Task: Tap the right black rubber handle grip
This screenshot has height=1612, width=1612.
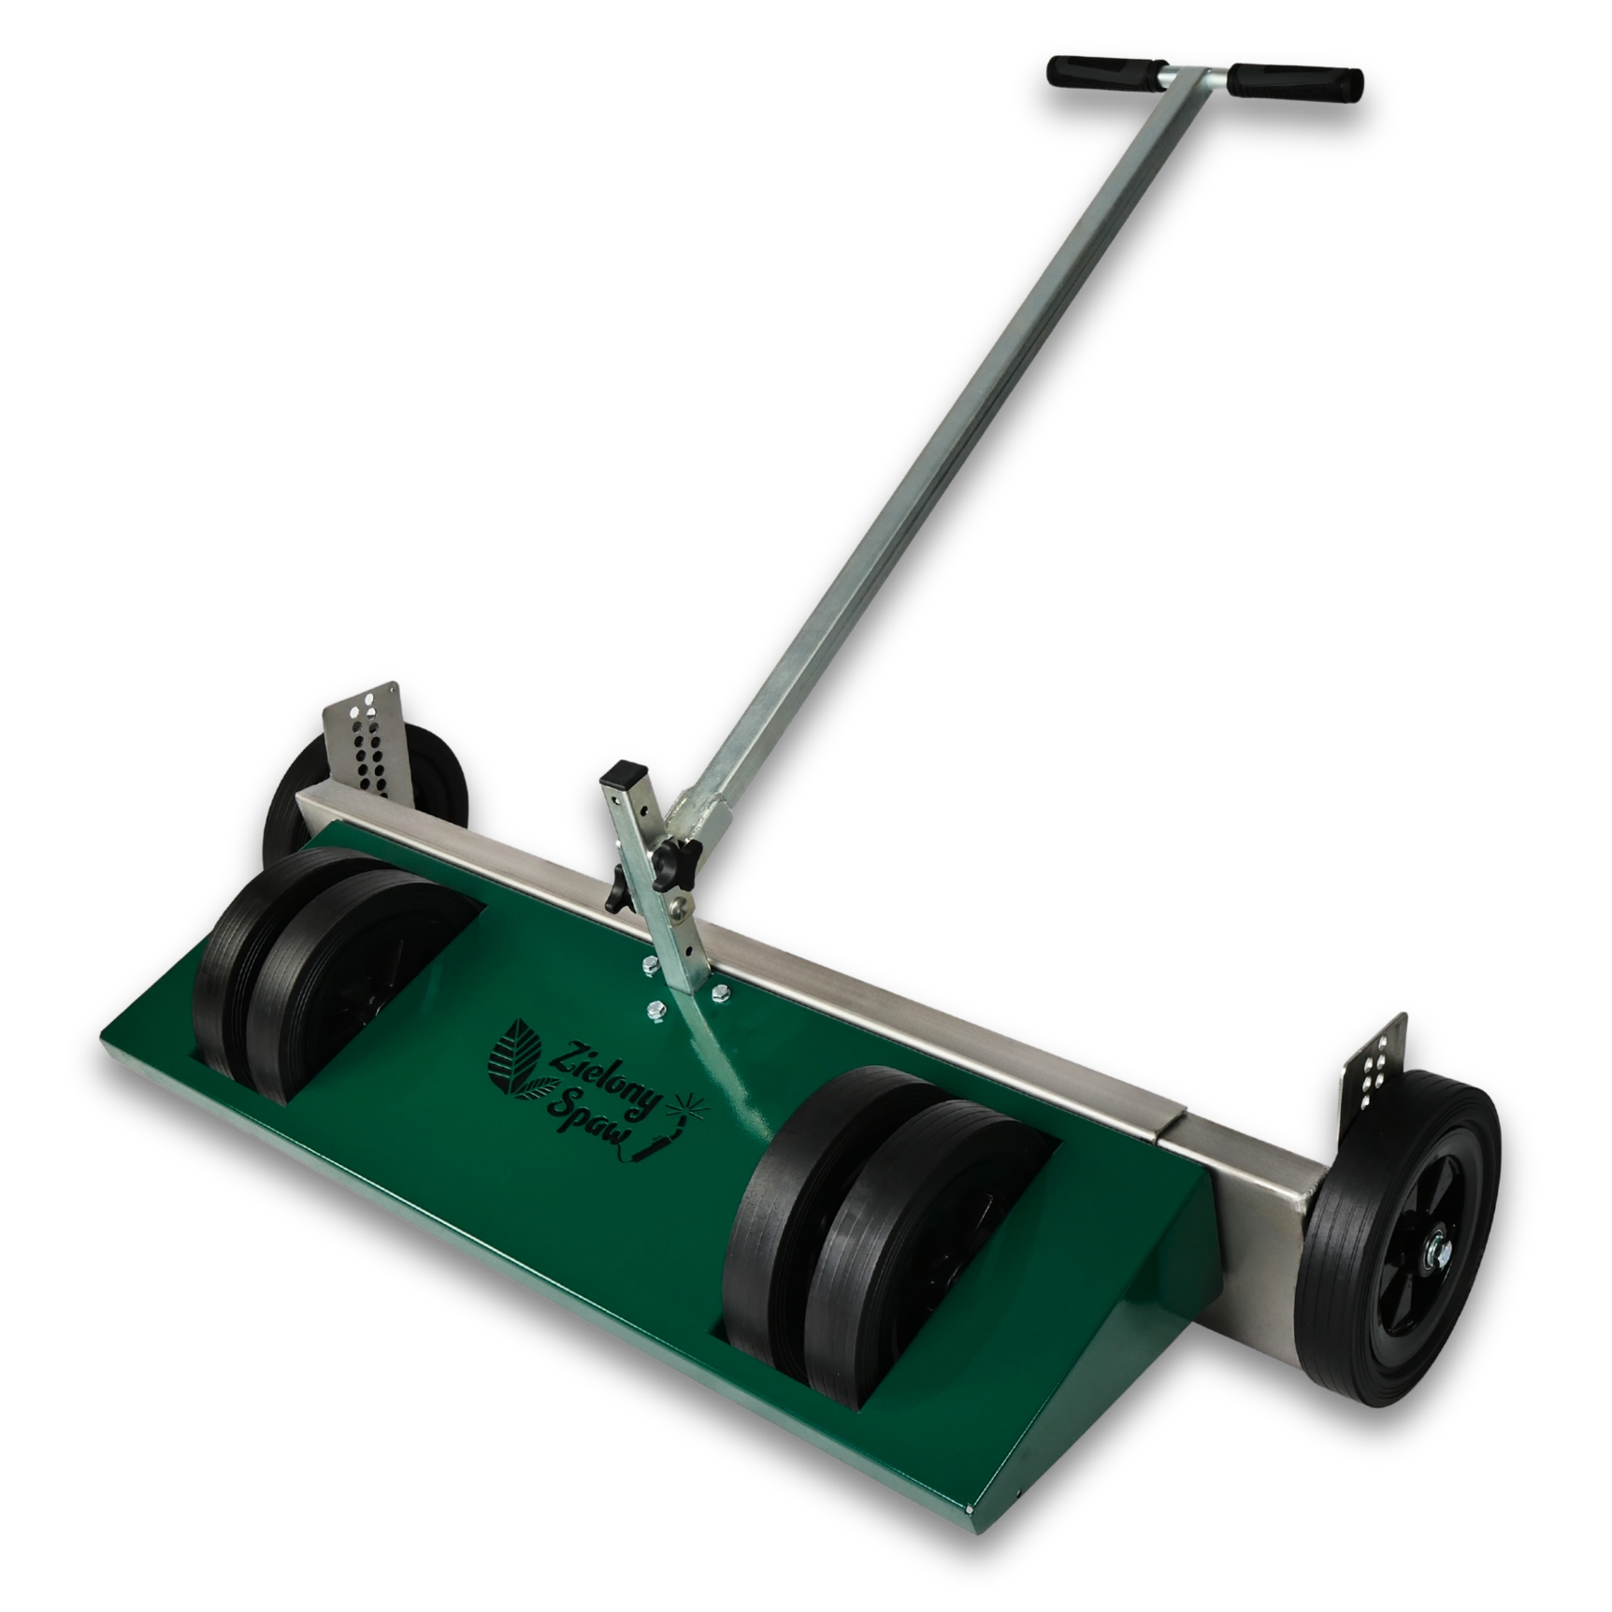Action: click(1295, 82)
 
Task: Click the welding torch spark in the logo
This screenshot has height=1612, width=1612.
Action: click(694, 1106)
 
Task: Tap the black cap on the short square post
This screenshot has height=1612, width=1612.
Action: click(625, 774)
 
